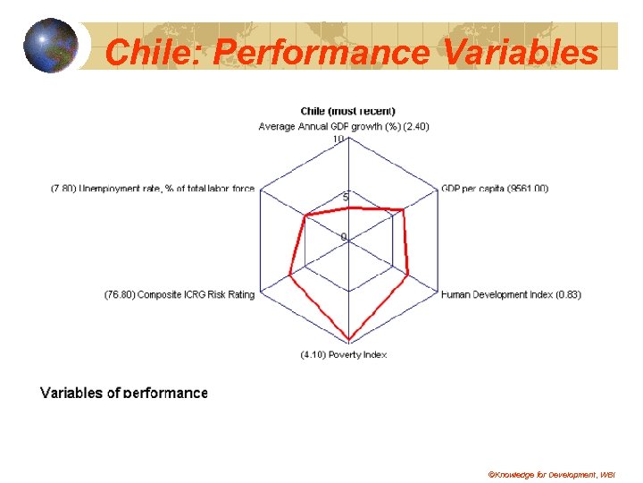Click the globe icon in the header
[52, 46]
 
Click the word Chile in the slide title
[154, 53]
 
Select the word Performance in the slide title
[321, 53]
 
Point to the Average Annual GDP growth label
[344, 126]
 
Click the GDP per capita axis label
[495, 188]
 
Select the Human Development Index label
[511, 294]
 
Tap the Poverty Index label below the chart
[344, 355]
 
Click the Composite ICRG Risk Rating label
[180, 294]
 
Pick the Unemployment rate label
[153, 188]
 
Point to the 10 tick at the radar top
[338, 139]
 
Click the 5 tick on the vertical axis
[334, 198]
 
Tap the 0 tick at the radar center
[341, 236]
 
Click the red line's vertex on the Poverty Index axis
[348, 341]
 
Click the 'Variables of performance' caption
[124, 393]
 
